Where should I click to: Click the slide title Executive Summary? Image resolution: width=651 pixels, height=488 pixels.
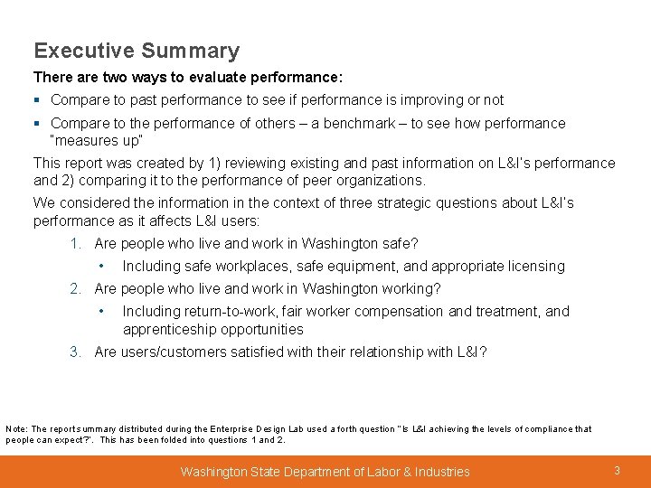pyautogui.click(x=137, y=52)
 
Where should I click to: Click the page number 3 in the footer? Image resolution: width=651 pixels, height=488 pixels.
pyautogui.click(x=617, y=471)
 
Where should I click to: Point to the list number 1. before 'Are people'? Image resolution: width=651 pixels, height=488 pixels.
pyautogui.click(x=77, y=244)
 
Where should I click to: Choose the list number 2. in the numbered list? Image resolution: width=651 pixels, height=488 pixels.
pyautogui.click(x=77, y=289)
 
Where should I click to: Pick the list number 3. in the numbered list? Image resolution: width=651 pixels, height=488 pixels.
pyautogui.click(x=77, y=352)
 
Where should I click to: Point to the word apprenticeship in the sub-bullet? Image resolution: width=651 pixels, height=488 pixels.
pyautogui.click(x=168, y=330)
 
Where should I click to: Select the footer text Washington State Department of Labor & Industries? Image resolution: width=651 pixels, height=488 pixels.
pyautogui.click(x=325, y=472)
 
